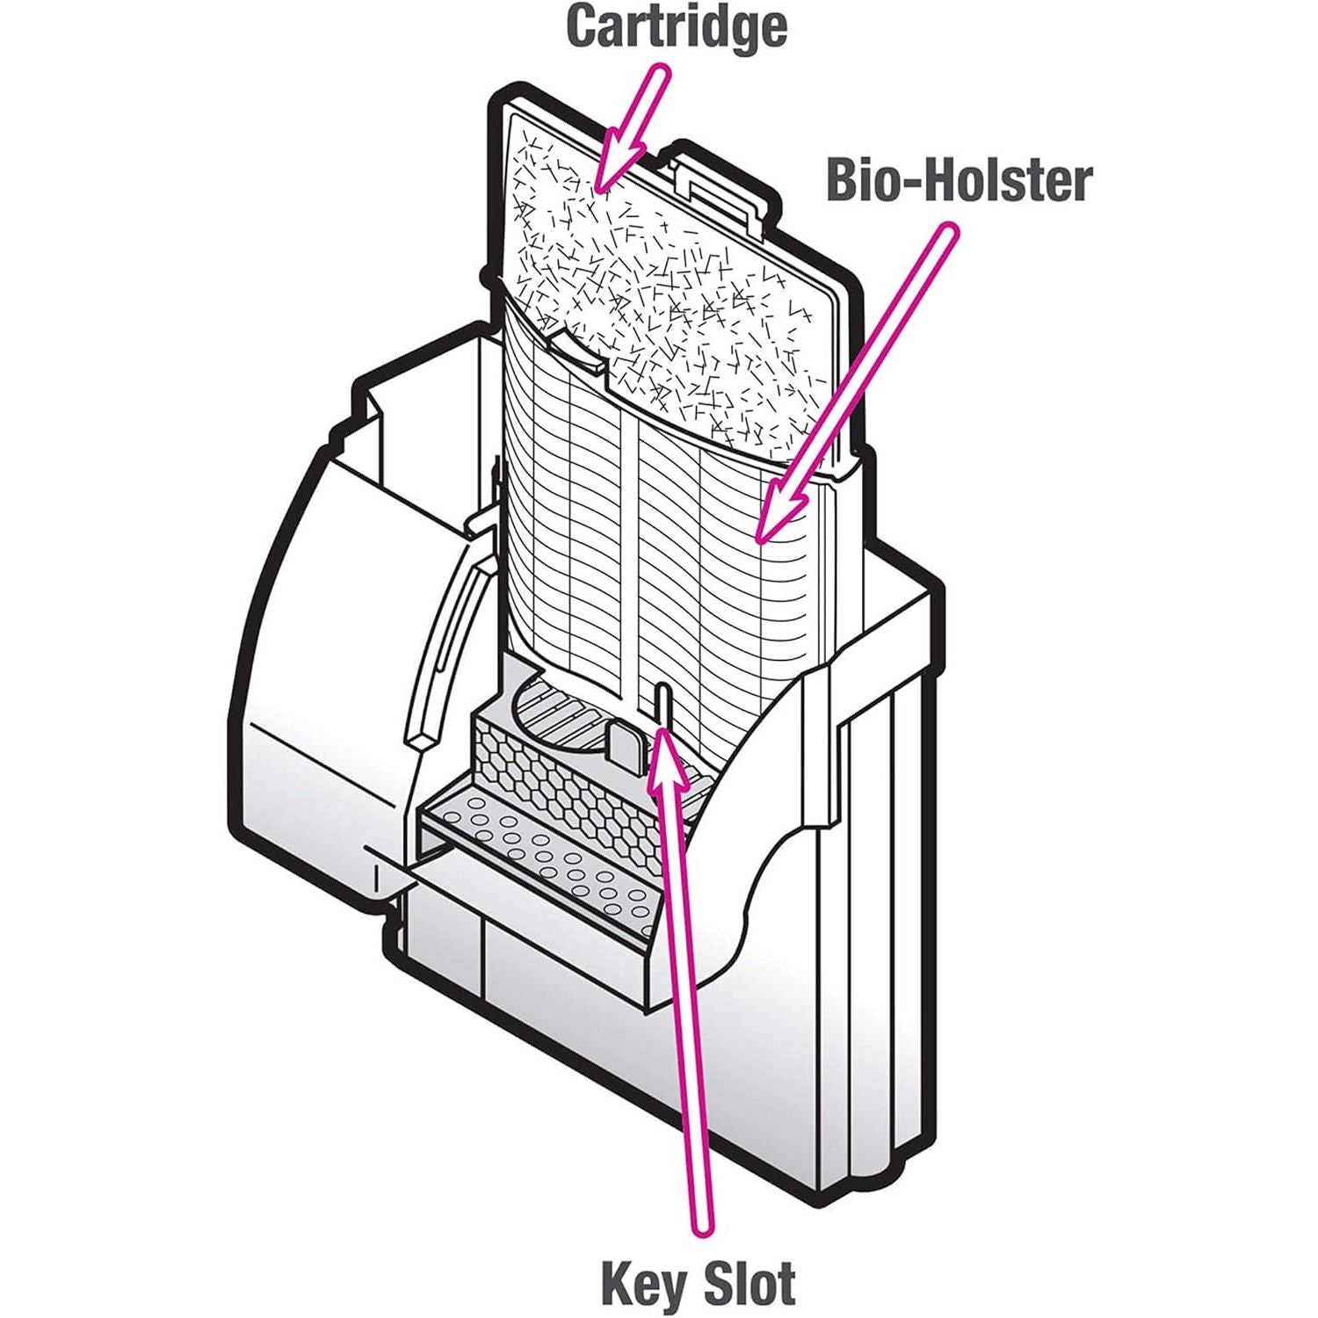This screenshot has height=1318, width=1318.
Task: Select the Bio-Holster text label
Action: [960, 181]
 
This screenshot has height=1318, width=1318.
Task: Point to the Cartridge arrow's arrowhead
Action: [615, 163]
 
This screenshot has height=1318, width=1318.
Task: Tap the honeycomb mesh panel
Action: [571, 782]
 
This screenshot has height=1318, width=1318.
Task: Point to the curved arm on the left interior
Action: [448, 650]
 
